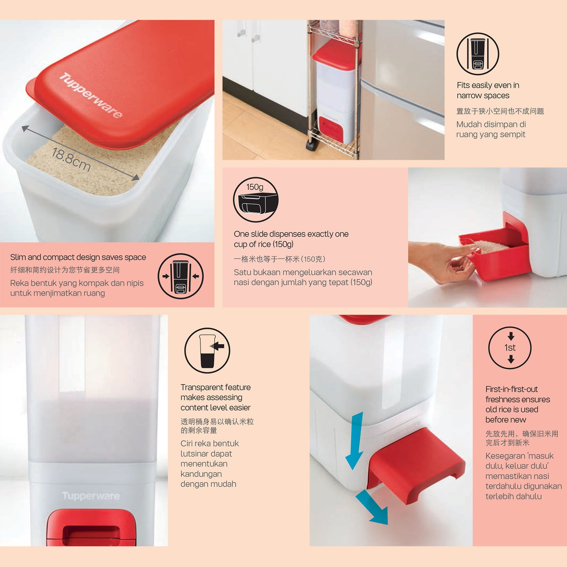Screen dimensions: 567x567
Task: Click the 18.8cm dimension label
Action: (71, 160)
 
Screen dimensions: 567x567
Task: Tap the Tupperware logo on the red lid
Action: (91, 95)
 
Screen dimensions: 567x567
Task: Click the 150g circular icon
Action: (256, 199)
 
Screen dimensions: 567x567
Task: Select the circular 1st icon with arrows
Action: (510, 348)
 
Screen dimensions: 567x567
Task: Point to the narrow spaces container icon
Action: (478, 54)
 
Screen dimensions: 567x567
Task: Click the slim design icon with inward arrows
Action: (180, 276)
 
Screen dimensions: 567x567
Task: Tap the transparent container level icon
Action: (207, 350)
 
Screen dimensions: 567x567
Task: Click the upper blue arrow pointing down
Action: (355, 441)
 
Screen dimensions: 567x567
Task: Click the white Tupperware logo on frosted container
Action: (91, 496)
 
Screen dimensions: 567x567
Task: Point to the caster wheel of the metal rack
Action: (310, 146)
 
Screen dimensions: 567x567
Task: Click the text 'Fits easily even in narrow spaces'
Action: (488, 90)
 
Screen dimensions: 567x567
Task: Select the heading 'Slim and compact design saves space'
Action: (78, 257)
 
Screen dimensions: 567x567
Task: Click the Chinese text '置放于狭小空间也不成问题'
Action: (500, 111)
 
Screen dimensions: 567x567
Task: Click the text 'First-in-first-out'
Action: (511, 389)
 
